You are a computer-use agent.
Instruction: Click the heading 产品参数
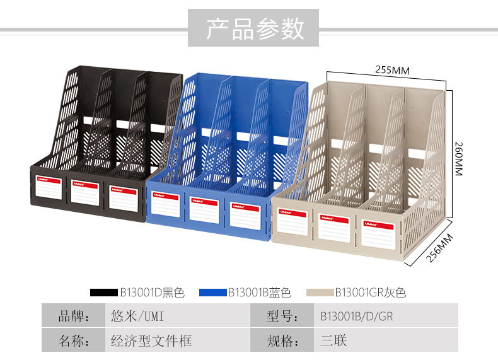click(255, 29)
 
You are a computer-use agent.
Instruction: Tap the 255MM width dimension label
click(392, 71)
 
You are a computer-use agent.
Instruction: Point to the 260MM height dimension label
click(458, 158)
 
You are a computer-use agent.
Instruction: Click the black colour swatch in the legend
click(104, 292)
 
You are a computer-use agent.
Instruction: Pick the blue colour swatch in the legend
click(212, 292)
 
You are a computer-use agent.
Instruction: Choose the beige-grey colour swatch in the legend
click(320, 292)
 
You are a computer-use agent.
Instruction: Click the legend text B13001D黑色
click(152, 292)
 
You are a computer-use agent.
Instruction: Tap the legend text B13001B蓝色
click(259, 292)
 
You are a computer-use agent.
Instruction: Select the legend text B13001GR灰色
click(370, 292)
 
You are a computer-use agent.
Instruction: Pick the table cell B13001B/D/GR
click(356, 316)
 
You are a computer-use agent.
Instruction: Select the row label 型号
click(282, 316)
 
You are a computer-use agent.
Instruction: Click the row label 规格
click(282, 341)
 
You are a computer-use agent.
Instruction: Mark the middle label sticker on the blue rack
click(204, 211)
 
